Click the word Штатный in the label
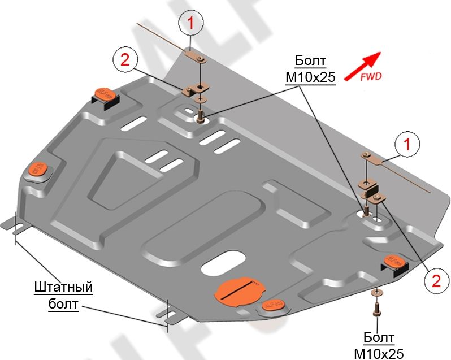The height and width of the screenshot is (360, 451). coord(63,287)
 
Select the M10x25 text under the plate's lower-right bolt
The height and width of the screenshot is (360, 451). coord(379,353)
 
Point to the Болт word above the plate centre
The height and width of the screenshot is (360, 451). coord(310,61)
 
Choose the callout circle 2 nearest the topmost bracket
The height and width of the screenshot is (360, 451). coord(125,59)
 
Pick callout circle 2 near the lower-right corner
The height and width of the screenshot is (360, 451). coord(435,280)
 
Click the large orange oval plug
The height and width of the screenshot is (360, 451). coord(239,292)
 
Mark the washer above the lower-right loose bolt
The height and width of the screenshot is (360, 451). coord(375,293)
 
